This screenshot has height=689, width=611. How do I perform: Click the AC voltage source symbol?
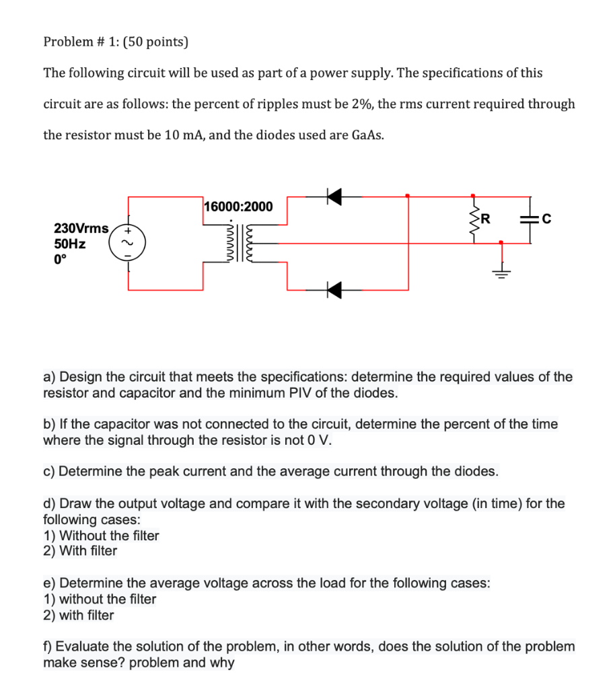click(x=129, y=243)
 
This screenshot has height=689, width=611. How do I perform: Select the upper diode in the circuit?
click(x=333, y=196)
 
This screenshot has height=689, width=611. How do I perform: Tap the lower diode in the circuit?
click(x=333, y=290)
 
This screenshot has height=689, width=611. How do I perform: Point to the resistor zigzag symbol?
click(x=474, y=219)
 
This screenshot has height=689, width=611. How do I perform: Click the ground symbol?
click(x=501, y=271)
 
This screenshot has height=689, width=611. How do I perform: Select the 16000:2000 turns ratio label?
click(x=239, y=207)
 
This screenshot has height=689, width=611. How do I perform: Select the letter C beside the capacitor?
click(x=546, y=218)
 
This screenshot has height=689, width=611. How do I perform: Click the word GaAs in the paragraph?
click(x=367, y=135)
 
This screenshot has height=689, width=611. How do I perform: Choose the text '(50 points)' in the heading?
click(x=153, y=42)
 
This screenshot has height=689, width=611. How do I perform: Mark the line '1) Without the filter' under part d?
click(x=101, y=536)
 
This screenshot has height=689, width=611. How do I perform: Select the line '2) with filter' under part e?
click(x=79, y=615)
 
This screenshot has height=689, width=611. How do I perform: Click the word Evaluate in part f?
click(x=79, y=647)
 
